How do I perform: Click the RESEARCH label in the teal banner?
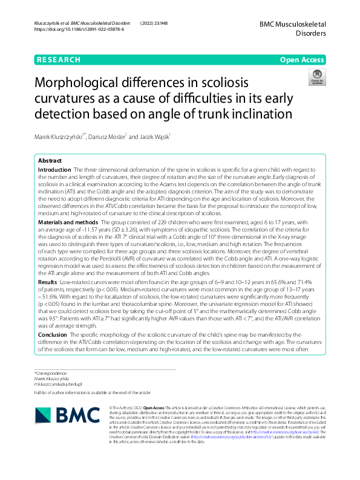59,60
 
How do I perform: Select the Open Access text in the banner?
303,60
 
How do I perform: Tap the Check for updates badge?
316,77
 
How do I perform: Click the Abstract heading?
50,161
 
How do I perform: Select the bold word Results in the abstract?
48,282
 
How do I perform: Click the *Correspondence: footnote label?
51,374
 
